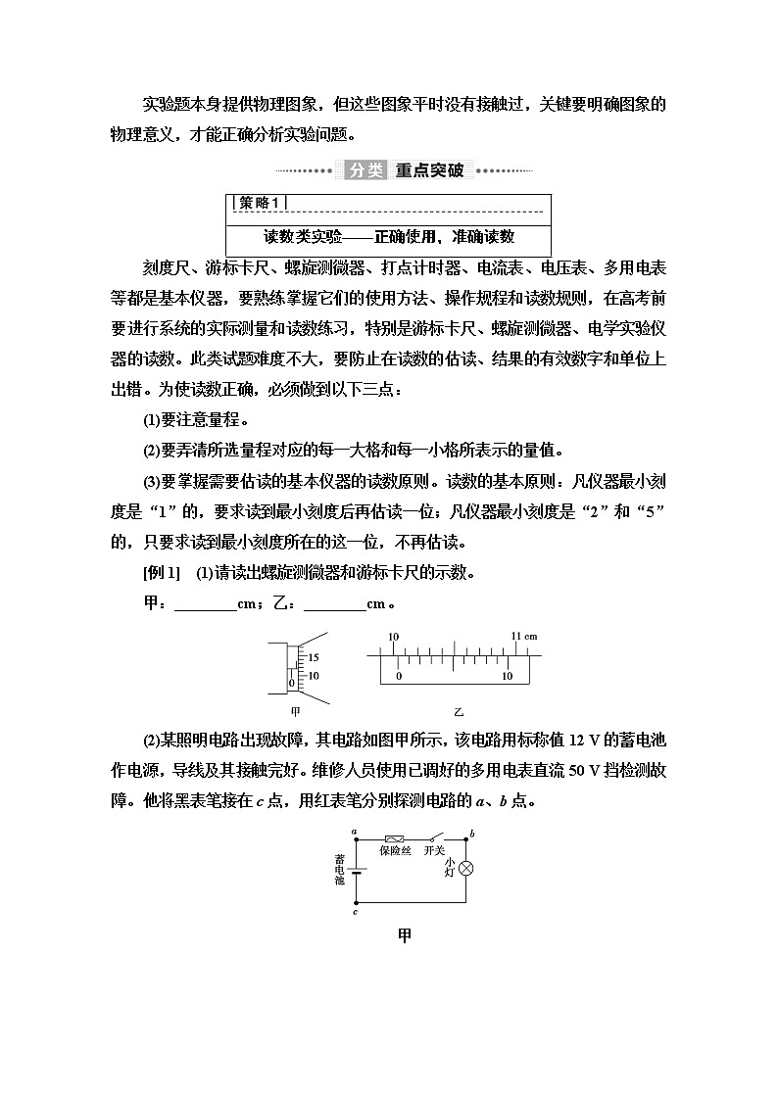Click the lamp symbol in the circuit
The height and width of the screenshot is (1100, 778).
(x=467, y=869)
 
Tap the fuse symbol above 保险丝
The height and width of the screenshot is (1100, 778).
(x=396, y=838)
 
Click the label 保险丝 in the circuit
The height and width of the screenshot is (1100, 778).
(x=396, y=851)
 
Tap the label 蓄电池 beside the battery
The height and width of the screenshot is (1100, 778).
(x=339, y=869)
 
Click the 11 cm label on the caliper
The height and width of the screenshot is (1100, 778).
(x=524, y=637)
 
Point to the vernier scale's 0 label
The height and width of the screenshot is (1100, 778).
(x=398, y=676)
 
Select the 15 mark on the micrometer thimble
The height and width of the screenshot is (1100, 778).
(x=314, y=657)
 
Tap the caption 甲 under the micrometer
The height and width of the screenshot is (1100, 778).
(x=295, y=712)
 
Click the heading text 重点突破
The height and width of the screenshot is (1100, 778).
(x=429, y=170)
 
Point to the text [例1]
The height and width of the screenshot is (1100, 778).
(x=162, y=573)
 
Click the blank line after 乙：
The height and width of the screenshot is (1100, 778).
(x=334, y=604)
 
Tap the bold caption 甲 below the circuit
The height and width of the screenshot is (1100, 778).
(x=404, y=935)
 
